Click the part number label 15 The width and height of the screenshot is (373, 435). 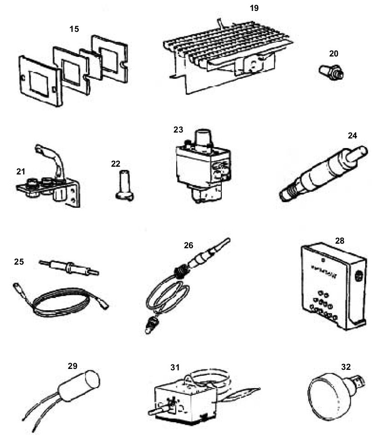(x=74, y=29)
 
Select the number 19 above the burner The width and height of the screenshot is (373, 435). (x=254, y=8)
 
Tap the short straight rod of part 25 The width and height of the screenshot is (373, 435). (x=69, y=267)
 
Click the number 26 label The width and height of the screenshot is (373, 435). (x=189, y=245)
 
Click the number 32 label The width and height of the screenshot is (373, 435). (x=346, y=367)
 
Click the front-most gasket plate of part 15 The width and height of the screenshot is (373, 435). (x=40, y=80)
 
